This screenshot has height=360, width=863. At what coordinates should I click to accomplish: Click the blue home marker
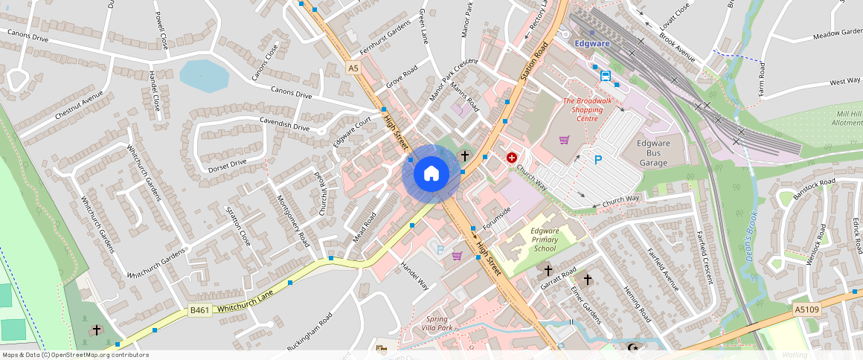(x=431, y=174)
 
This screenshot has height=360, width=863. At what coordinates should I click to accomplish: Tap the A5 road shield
(x=353, y=68)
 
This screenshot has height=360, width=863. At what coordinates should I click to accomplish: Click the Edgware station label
(x=592, y=43)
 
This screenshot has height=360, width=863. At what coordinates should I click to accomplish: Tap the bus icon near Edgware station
(x=606, y=76)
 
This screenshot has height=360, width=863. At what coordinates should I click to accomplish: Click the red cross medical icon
(x=512, y=158)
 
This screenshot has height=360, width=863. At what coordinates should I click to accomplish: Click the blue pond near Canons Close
(x=203, y=75)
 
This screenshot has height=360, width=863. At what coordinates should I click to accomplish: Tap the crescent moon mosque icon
(x=633, y=347)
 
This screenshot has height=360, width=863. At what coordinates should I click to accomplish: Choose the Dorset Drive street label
(x=228, y=162)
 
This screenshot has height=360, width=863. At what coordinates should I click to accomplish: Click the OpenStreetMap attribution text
(x=74, y=355)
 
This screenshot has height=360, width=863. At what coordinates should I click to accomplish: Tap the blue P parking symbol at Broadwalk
(x=597, y=159)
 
